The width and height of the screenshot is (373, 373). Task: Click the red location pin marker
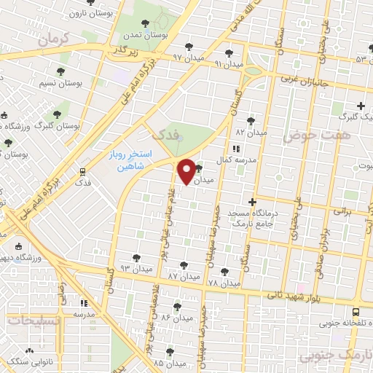point(186,172)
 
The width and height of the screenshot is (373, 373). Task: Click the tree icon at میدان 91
point(229,52)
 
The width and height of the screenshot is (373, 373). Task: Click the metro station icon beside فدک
point(83,172)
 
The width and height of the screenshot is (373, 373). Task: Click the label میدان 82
point(249,132)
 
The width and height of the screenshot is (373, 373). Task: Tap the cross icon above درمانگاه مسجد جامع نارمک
point(252,202)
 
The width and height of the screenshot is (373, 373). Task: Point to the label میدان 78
point(224,283)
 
